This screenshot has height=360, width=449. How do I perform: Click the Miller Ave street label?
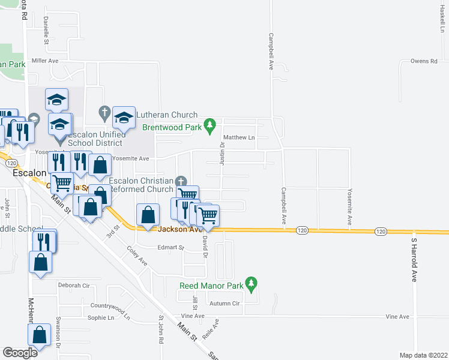(45, 61)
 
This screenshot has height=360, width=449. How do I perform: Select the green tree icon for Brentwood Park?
(209, 126)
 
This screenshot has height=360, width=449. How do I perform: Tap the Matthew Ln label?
(240, 137)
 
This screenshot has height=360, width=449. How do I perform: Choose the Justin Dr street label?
(222, 153)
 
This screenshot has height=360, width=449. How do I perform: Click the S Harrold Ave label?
(414, 260)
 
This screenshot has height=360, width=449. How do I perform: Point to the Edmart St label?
(170, 247)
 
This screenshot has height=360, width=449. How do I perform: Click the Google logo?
(20, 352)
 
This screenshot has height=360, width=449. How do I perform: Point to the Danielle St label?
(46, 29)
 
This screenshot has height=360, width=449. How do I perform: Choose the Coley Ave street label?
(137, 256)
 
